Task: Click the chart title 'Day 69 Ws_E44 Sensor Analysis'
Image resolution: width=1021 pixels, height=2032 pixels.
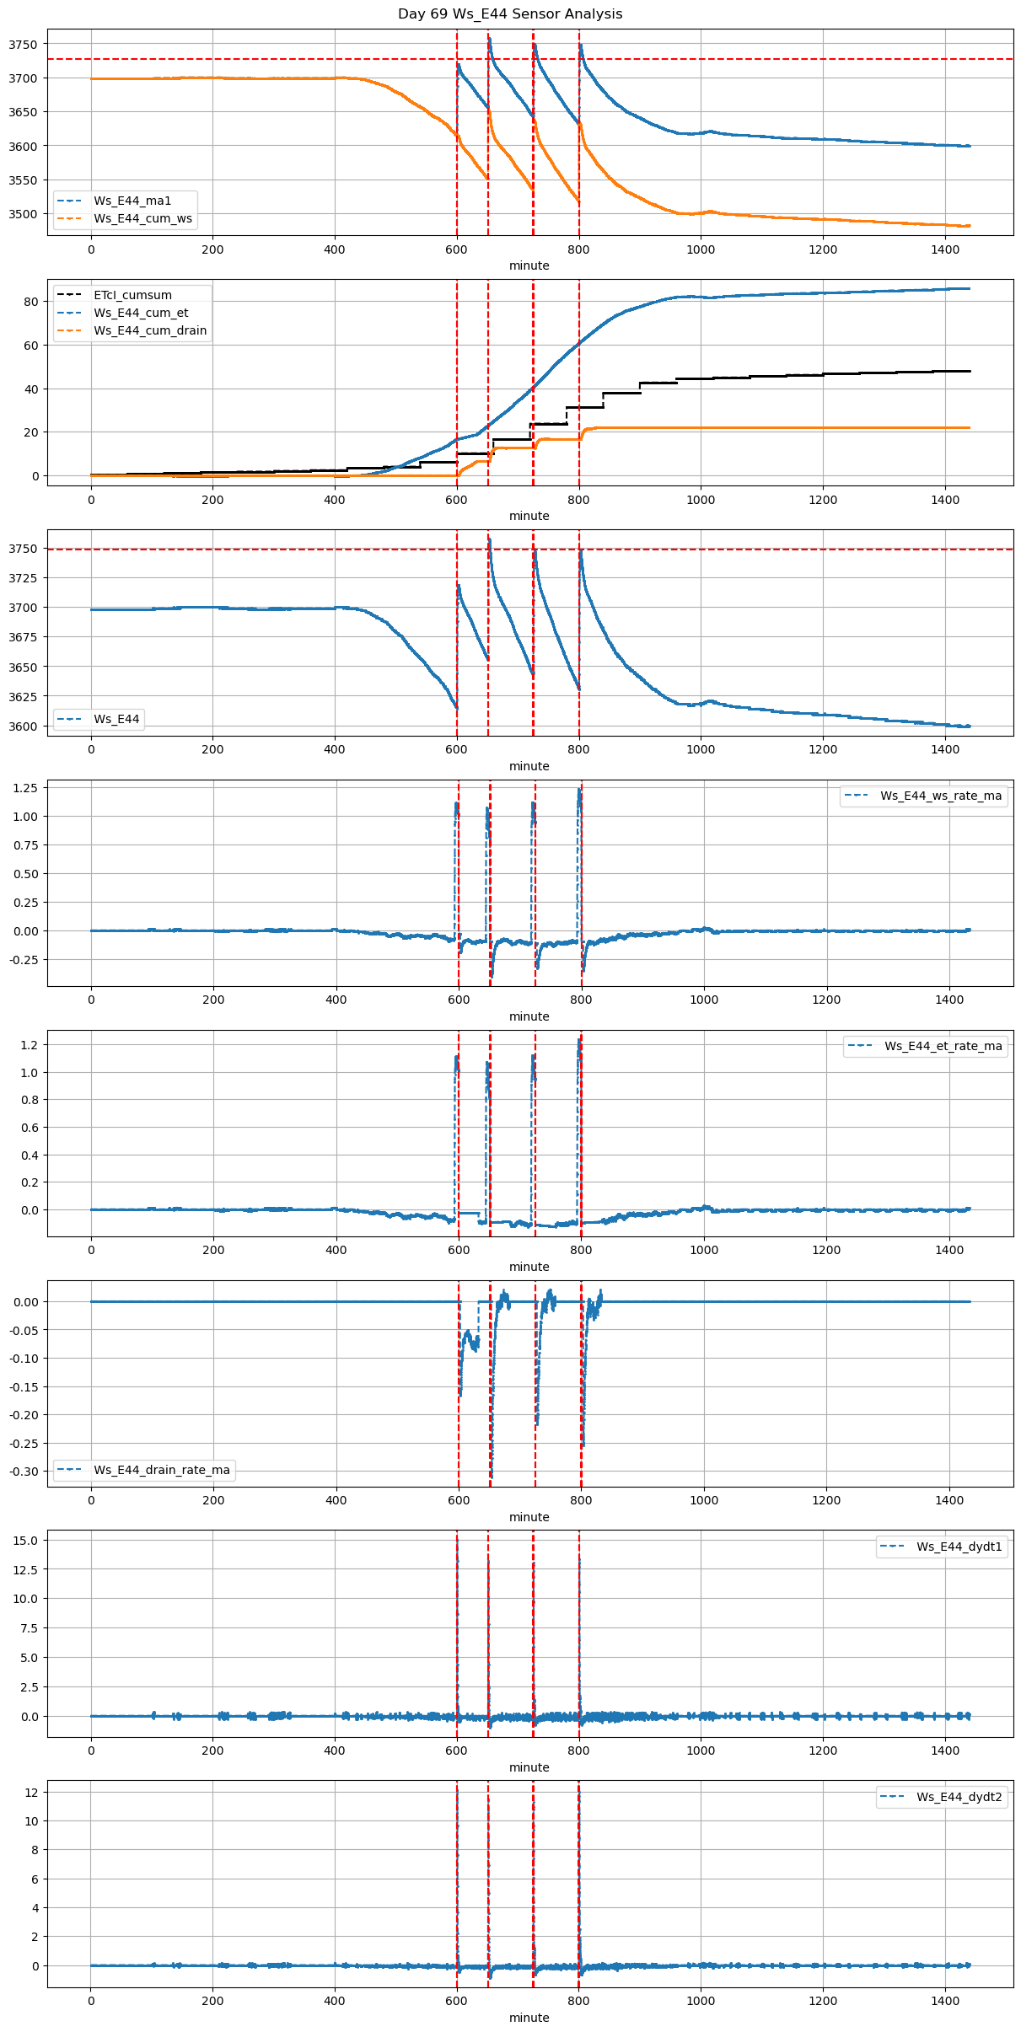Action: [510, 13]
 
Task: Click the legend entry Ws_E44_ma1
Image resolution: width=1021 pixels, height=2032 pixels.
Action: [132, 201]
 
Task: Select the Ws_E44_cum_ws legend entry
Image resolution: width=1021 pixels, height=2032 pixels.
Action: [142, 218]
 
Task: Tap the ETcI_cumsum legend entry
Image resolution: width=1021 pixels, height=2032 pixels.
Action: [132, 295]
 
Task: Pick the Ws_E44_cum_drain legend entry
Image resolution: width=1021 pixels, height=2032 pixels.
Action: [150, 330]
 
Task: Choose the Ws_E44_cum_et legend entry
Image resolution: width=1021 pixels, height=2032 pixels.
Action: [141, 313]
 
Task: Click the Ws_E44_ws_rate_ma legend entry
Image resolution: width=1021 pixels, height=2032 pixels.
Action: [941, 796]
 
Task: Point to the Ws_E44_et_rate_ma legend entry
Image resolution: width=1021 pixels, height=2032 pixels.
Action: [943, 1046]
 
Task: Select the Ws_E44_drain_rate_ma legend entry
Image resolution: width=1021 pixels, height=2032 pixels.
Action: [161, 1470]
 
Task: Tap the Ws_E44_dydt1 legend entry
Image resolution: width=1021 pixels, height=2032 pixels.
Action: [959, 1547]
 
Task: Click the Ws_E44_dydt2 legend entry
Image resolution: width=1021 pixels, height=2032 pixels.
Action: [959, 1797]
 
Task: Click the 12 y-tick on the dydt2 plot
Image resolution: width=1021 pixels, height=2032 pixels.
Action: [31, 1792]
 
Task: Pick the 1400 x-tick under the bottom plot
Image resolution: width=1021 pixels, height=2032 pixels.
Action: [945, 2001]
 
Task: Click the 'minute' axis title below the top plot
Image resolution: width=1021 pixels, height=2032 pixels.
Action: [529, 265]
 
